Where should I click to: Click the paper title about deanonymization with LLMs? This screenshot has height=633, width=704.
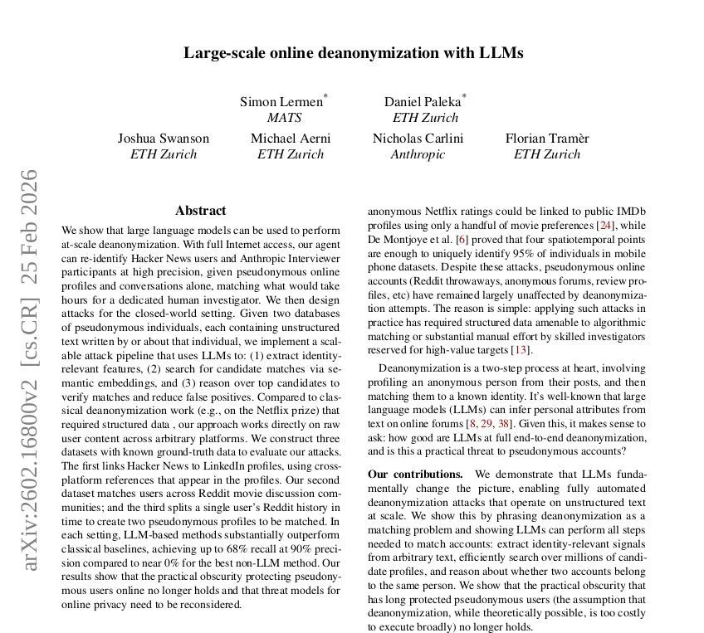pyautogui.click(x=353, y=53)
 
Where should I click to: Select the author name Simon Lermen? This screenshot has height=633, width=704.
pyautogui.click(x=281, y=102)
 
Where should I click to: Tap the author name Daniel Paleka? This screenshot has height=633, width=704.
pyautogui.click(x=423, y=102)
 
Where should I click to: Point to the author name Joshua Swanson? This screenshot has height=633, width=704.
pyautogui.click(x=164, y=139)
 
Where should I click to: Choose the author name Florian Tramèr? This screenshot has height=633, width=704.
pyautogui.click(x=547, y=139)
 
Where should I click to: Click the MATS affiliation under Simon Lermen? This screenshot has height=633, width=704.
pyautogui.click(x=284, y=118)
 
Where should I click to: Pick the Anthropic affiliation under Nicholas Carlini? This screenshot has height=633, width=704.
pyautogui.click(x=418, y=154)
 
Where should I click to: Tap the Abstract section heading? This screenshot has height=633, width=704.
pyautogui.click(x=200, y=211)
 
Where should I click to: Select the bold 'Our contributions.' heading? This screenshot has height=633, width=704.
pyautogui.click(x=415, y=474)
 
